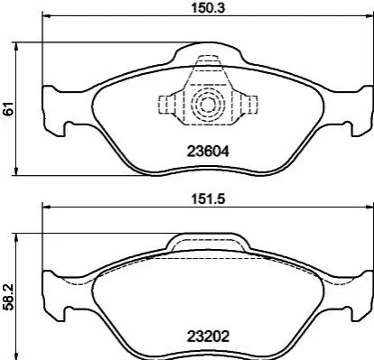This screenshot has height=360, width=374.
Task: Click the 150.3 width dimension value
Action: (209, 8)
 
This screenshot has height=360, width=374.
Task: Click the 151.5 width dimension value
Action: (209, 198)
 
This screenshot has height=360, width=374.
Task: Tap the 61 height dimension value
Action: (8, 108)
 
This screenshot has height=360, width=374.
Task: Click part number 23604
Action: (208, 151)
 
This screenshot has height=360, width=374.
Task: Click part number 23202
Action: (208, 336)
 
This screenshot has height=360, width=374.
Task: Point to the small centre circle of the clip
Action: (208, 105)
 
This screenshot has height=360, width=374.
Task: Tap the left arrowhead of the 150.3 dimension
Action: (46, 15)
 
